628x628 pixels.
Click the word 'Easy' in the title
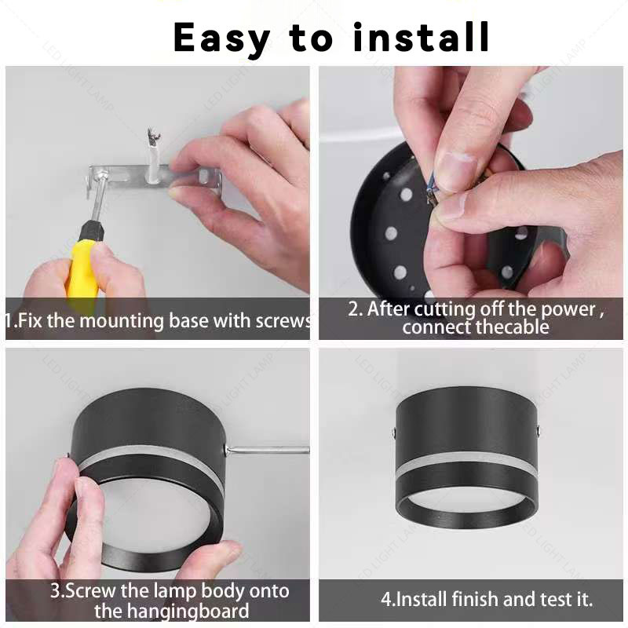pyautogui.click(x=221, y=38)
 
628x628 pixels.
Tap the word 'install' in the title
pyautogui.click(x=422, y=37)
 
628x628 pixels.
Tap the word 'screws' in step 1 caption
pyautogui.click(x=284, y=320)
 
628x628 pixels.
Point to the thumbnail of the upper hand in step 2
pyautogui.click(x=457, y=167)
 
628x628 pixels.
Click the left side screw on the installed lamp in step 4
pyautogui.click(x=395, y=432)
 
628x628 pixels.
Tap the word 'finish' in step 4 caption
pyautogui.click(x=476, y=599)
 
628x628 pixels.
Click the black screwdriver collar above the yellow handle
pyautogui.click(x=91, y=231)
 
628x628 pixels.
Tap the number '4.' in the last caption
pyautogui.click(x=388, y=600)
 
